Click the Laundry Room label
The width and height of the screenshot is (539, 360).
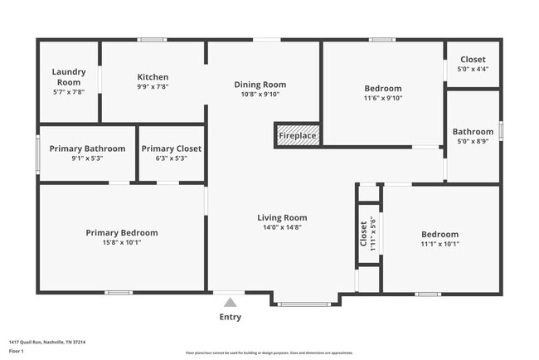point(69,77)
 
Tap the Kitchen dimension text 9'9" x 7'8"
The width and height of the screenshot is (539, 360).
point(153,86)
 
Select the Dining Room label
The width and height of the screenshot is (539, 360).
point(260,85)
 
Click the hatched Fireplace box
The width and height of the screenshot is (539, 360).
point(297,135)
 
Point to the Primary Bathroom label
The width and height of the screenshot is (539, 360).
point(87,148)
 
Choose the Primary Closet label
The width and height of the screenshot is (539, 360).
point(171,148)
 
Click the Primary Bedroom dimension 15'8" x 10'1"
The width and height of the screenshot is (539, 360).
point(121,243)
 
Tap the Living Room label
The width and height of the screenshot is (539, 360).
point(282,218)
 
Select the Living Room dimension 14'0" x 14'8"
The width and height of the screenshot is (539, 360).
point(282,227)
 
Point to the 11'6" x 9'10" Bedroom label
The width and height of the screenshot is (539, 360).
point(382,89)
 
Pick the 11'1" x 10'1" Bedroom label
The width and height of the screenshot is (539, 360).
point(439,235)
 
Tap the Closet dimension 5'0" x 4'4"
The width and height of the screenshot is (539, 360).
point(473,70)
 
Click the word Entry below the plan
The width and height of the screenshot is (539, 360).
point(231,317)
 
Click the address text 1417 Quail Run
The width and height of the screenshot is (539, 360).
point(47,342)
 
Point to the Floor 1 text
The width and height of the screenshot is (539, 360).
point(17,351)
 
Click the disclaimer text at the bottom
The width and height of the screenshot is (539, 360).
point(269,353)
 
